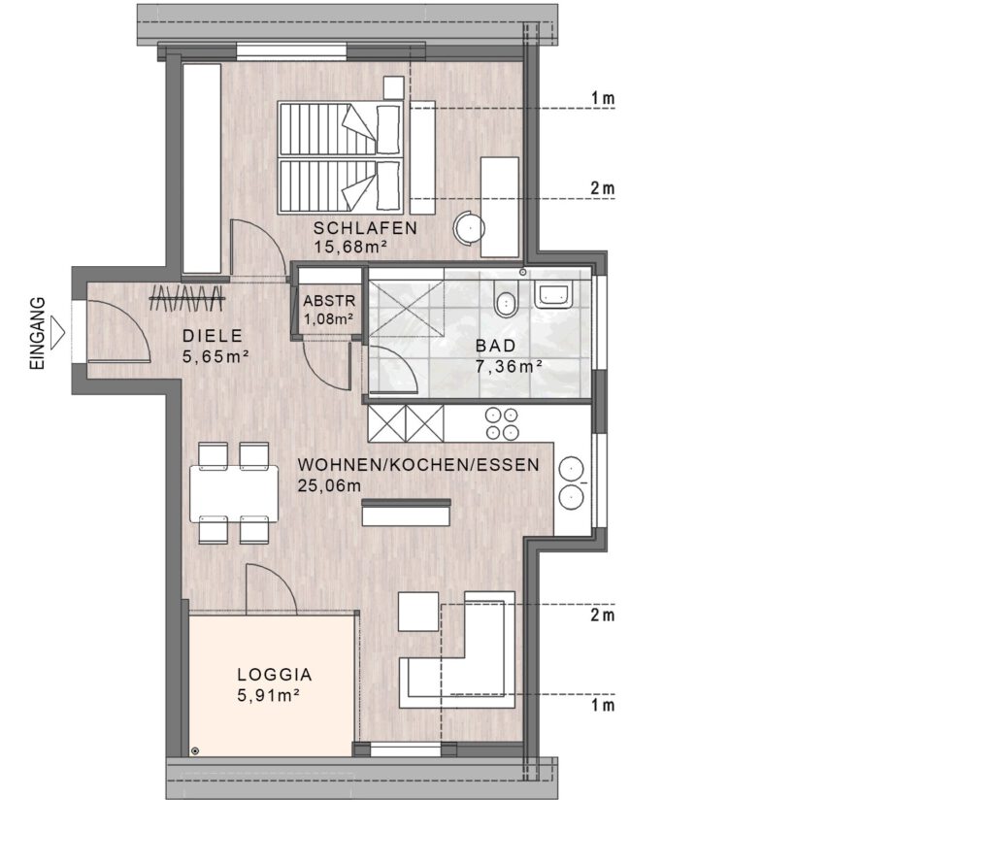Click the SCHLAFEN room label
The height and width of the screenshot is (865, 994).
(365, 228)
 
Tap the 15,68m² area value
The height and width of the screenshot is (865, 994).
(350, 248)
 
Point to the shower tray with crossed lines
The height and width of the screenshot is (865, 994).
(406, 308)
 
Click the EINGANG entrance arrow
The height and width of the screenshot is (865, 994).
(57, 332)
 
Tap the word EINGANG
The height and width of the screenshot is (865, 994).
(38, 334)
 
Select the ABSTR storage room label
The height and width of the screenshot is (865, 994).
(329, 301)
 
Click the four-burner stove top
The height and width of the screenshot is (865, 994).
(502, 423)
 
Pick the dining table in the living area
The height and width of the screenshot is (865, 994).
(234, 494)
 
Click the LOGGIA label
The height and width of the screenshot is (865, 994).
(275, 675)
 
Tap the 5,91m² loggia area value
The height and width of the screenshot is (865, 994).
(268, 696)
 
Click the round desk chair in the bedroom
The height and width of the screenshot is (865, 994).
(469, 227)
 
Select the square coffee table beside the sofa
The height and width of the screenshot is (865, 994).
(418, 612)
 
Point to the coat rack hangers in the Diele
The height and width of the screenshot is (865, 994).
(187, 297)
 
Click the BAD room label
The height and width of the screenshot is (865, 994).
(496, 347)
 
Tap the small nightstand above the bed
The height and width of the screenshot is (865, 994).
(394, 87)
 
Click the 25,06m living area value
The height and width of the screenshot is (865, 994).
(329, 486)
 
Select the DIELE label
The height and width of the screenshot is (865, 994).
(213, 336)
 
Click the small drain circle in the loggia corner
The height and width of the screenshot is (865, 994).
(194, 750)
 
